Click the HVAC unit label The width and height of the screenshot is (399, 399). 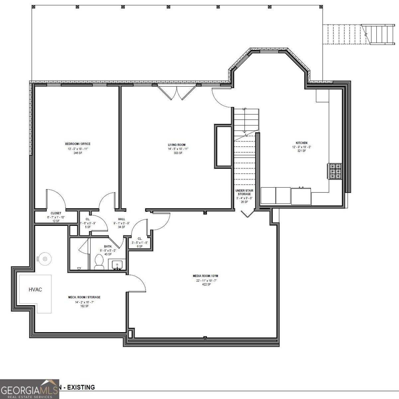[35, 290]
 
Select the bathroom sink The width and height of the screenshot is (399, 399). [117, 265]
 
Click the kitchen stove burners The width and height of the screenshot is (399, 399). [335, 171]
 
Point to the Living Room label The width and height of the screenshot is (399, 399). [176, 145]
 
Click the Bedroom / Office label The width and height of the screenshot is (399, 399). [78, 144]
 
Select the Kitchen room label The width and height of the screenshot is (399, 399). [301, 143]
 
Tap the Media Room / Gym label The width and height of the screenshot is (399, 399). [205, 276]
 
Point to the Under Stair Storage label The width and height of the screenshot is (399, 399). [244, 193]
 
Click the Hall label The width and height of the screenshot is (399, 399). [122, 219]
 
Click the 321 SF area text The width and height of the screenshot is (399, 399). [301, 151]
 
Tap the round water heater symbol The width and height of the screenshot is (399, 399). [44, 258]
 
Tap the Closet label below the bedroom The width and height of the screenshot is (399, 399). [56, 213]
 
